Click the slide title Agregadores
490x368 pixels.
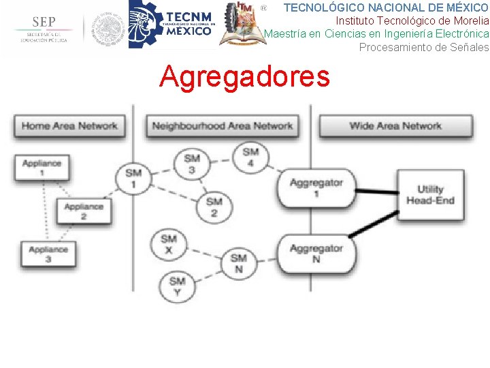click(244, 77)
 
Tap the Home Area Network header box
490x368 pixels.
click(69, 126)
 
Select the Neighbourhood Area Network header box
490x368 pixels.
click(222, 126)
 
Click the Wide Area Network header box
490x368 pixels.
click(395, 126)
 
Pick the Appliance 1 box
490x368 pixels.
click(42, 168)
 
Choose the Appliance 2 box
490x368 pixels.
click(84, 211)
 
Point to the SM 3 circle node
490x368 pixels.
click(192, 164)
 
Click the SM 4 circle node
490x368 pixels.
click(250, 157)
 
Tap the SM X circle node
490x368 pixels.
click(168, 244)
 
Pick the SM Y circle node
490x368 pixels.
click(177, 286)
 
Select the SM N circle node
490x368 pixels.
click(238, 263)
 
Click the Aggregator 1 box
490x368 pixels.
click(316, 187)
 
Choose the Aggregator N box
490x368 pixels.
click(316, 253)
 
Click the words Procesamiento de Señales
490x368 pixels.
click(423, 47)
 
